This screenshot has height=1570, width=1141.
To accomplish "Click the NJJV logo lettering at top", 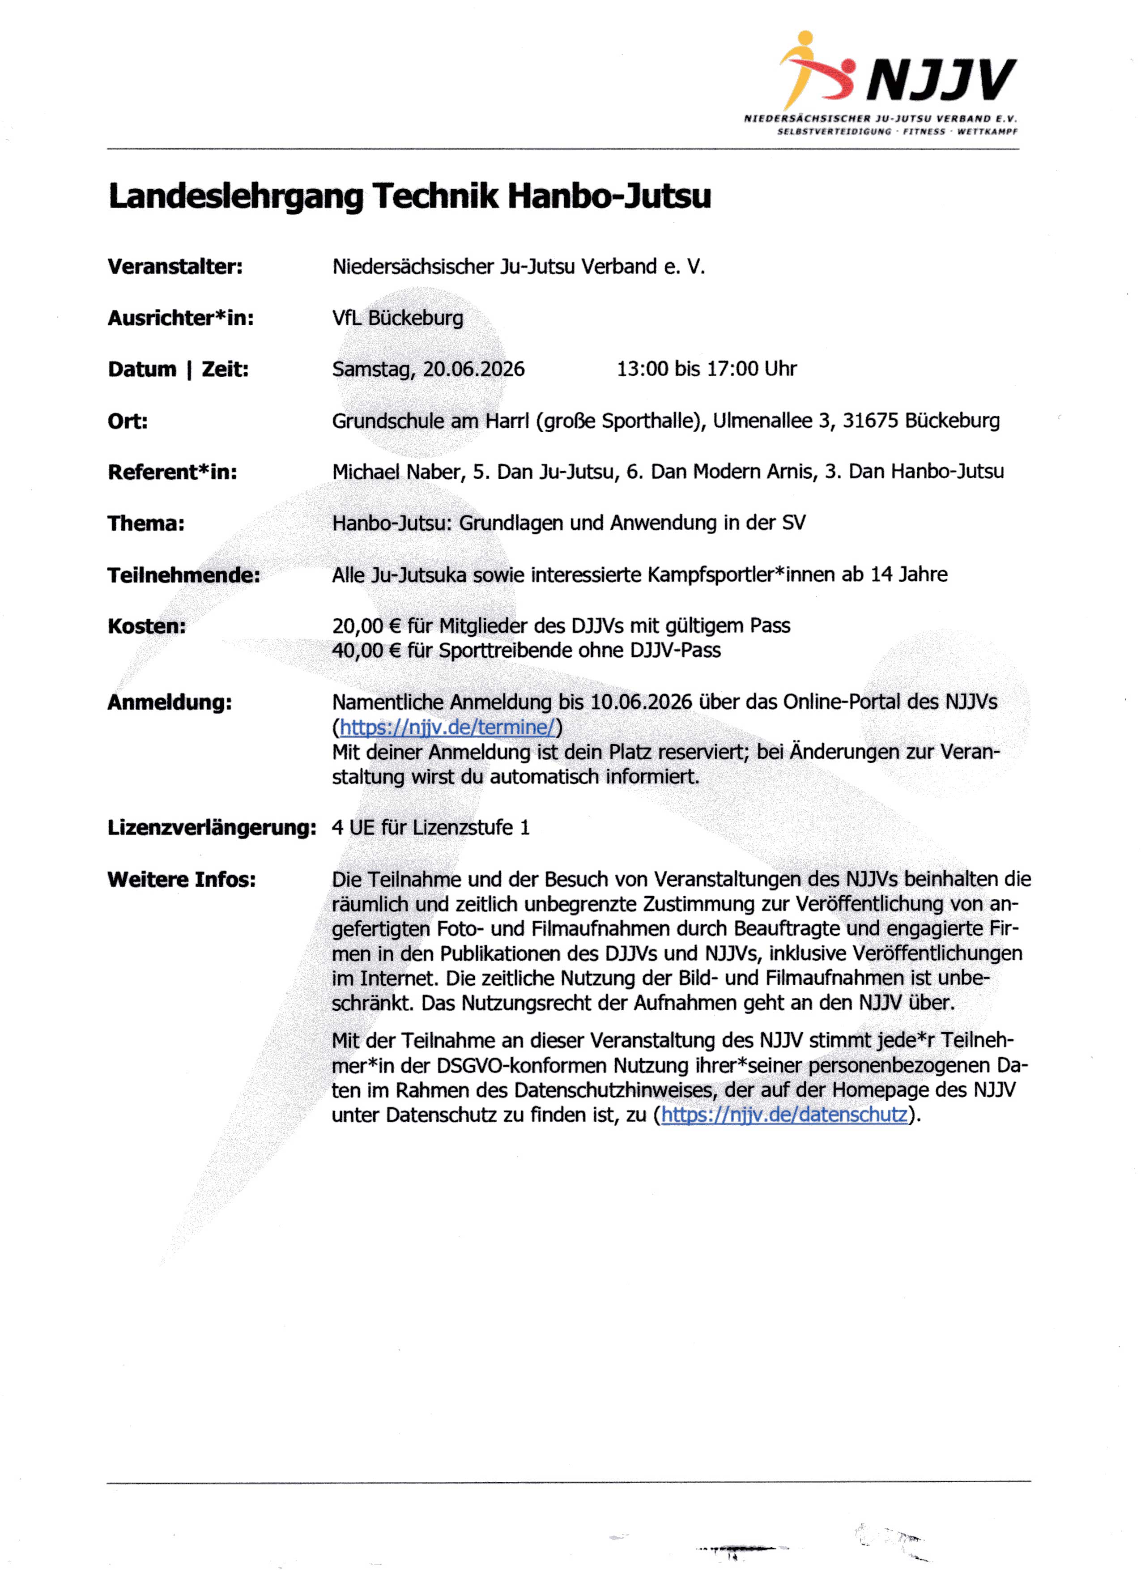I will [941, 80].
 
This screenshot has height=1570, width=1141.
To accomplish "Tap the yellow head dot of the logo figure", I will [805, 38].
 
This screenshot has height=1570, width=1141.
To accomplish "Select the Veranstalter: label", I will [175, 267].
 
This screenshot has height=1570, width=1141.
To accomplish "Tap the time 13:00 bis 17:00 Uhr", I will [706, 369].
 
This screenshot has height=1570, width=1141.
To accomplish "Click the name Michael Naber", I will [398, 472].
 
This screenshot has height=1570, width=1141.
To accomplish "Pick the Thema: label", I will [146, 523].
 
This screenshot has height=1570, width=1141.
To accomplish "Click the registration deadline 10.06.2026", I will [640, 702].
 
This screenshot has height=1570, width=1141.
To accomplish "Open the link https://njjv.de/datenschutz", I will [784, 1115].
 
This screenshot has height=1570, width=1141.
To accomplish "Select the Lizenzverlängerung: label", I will [212, 827].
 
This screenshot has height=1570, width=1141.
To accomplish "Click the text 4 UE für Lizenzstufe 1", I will [430, 827].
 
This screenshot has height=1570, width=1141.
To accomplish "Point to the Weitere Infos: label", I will [181, 879].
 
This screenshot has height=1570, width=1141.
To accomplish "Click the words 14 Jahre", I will [908, 574].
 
